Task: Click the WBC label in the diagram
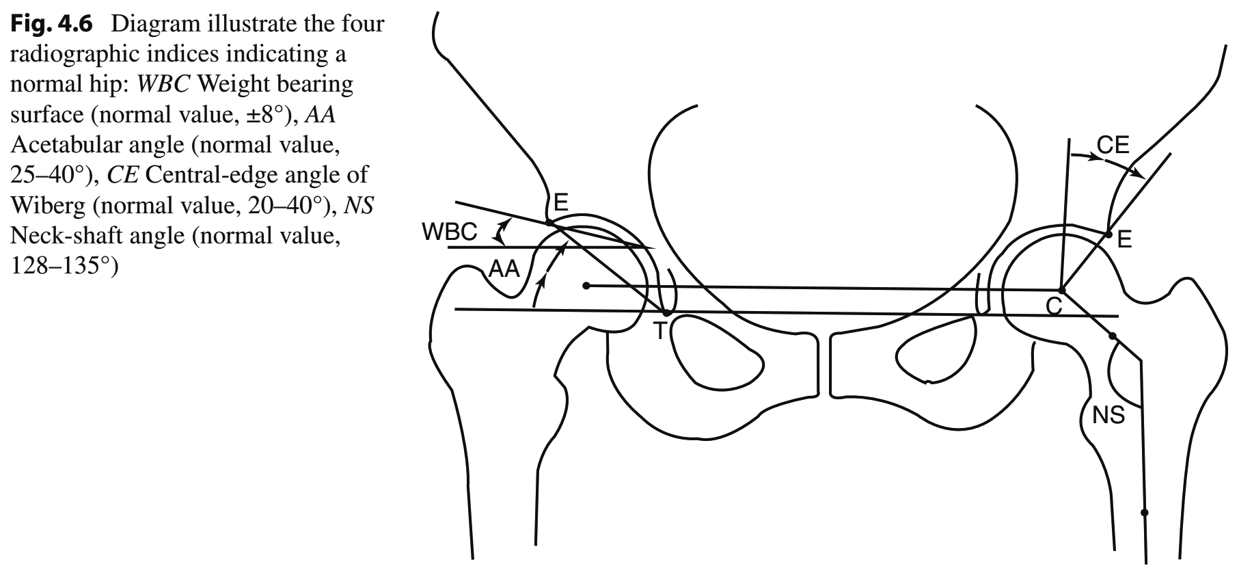coord(449,232)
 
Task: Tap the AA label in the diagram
coord(505,270)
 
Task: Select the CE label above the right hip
coord(1113,145)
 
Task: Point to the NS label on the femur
coord(1108,415)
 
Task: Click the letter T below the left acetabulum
coord(659,332)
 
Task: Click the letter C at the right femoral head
coord(1054,306)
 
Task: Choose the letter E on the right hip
coord(1124,239)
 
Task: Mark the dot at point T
coord(667,313)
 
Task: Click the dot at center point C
coord(1061,290)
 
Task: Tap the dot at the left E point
coord(549,222)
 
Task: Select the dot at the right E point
coord(1108,234)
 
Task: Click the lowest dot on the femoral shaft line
coord(1145,512)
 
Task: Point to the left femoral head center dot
coord(586,285)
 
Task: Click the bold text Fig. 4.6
coord(52,24)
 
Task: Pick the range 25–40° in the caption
coord(50,175)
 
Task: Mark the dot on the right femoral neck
coord(1112,336)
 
